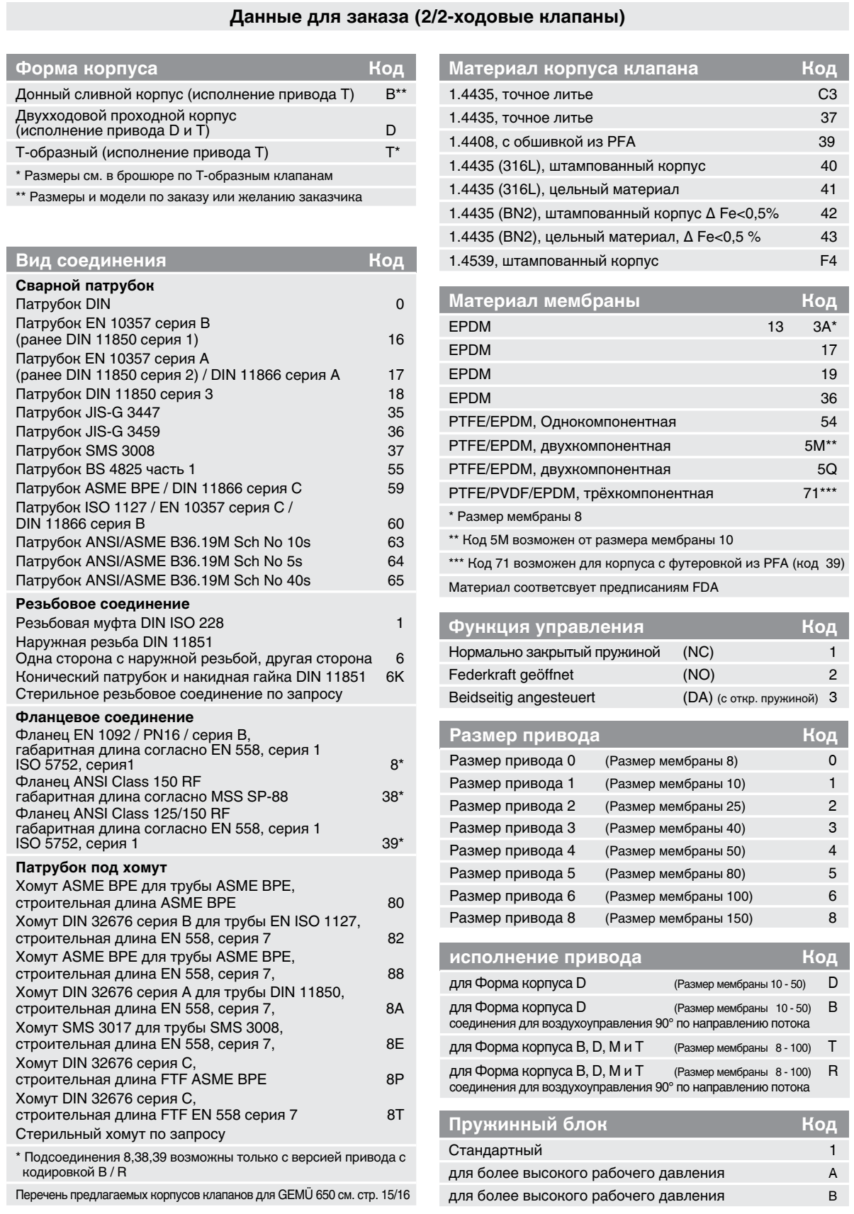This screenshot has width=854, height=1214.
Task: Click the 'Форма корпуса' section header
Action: [86, 69]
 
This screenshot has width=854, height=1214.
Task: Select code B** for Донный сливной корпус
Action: [396, 94]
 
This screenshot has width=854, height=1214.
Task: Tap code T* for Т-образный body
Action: [393, 152]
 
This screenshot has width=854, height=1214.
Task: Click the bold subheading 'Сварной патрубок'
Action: [85, 286]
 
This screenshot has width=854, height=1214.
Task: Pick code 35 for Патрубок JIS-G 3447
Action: [395, 412]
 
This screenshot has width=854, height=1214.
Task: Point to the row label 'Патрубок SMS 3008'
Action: [85, 451]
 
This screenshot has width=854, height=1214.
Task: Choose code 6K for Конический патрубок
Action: [395, 676]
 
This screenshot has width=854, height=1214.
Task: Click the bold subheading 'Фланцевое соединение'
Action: [104, 717]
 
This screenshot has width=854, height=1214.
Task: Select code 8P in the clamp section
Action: [395, 1079]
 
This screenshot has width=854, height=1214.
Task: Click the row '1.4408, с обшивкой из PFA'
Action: [541, 142]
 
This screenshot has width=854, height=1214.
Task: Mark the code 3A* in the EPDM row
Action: [824, 327]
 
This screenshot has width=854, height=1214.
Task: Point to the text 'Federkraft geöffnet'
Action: [511, 675]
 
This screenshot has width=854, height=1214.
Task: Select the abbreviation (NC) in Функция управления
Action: [697, 652]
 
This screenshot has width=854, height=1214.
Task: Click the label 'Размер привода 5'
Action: [512, 873]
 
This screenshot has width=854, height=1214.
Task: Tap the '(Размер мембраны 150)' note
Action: [678, 918]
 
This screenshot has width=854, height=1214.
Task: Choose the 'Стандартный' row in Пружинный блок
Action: [495, 1150]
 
